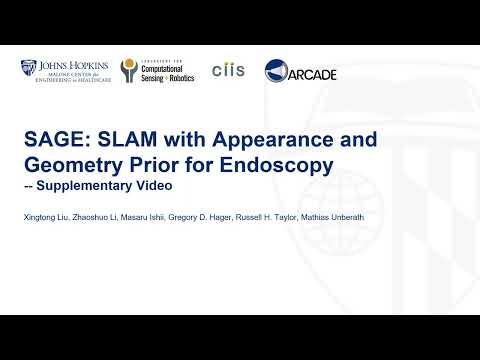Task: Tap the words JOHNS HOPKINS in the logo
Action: (x=71, y=65)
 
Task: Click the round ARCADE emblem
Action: (x=278, y=72)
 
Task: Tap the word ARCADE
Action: (x=313, y=74)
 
